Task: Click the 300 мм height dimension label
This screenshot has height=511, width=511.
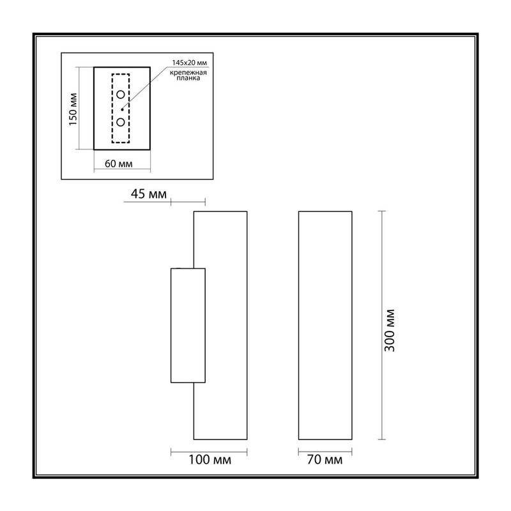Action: [x=390, y=330]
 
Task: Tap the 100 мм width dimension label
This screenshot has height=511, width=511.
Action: [x=210, y=460]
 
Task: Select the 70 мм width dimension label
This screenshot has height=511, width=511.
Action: [x=324, y=460]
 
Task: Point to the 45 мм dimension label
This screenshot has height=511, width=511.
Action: [x=149, y=194]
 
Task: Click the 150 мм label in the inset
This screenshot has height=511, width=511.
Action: [x=73, y=109]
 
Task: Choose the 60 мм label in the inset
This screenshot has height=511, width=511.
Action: [x=119, y=164]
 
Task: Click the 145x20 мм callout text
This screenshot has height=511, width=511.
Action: [x=189, y=63]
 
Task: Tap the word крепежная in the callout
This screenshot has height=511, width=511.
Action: [x=188, y=72]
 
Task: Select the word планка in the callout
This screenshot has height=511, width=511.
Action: [x=188, y=78]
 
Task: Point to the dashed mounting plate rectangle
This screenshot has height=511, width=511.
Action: [x=112, y=109]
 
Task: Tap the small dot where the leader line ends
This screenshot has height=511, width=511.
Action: [x=122, y=109]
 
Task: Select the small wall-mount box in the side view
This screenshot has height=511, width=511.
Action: [x=171, y=325]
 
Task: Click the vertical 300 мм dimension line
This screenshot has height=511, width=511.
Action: [x=382, y=325]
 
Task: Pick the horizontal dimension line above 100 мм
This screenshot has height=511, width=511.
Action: [x=209, y=452]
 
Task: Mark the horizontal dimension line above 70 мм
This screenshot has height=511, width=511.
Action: [x=325, y=452]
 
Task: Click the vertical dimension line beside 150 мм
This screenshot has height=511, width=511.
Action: [x=79, y=108]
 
